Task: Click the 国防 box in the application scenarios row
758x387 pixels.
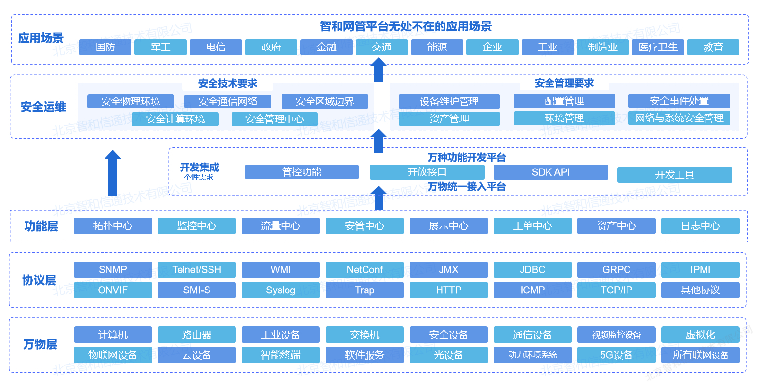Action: click(x=105, y=47)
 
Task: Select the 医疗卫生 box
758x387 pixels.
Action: click(x=658, y=47)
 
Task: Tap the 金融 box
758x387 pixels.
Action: click(x=326, y=47)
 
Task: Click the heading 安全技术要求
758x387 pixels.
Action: click(x=228, y=83)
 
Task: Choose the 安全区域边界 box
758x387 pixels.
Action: click(x=324, y=101)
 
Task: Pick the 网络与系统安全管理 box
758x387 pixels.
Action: click(x=679, y=118)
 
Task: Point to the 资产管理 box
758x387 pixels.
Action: click(x=449, y=119)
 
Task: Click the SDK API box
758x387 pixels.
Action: click(x=550, y=172)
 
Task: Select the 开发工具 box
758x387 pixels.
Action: click(x=675, y=175)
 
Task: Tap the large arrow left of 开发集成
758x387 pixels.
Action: click(x=113, y=173)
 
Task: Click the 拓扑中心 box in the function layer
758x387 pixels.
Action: click(x=113, y=226)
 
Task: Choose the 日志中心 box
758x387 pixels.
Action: click(x=700, y=226)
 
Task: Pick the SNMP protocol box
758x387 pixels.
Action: click(x=113, y=270)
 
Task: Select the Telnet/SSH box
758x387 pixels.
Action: click(x=197, y=270)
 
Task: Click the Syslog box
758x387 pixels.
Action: click(x=281, y=290)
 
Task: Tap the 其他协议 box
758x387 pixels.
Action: click(x=700, y=290)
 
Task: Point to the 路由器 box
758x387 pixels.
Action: click(x=197, y=335)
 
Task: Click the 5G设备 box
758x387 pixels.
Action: click(x=616, y=355)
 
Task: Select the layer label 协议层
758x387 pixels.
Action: click(x=39, y=280)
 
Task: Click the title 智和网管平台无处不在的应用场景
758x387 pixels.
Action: click(x=406, y=26)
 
